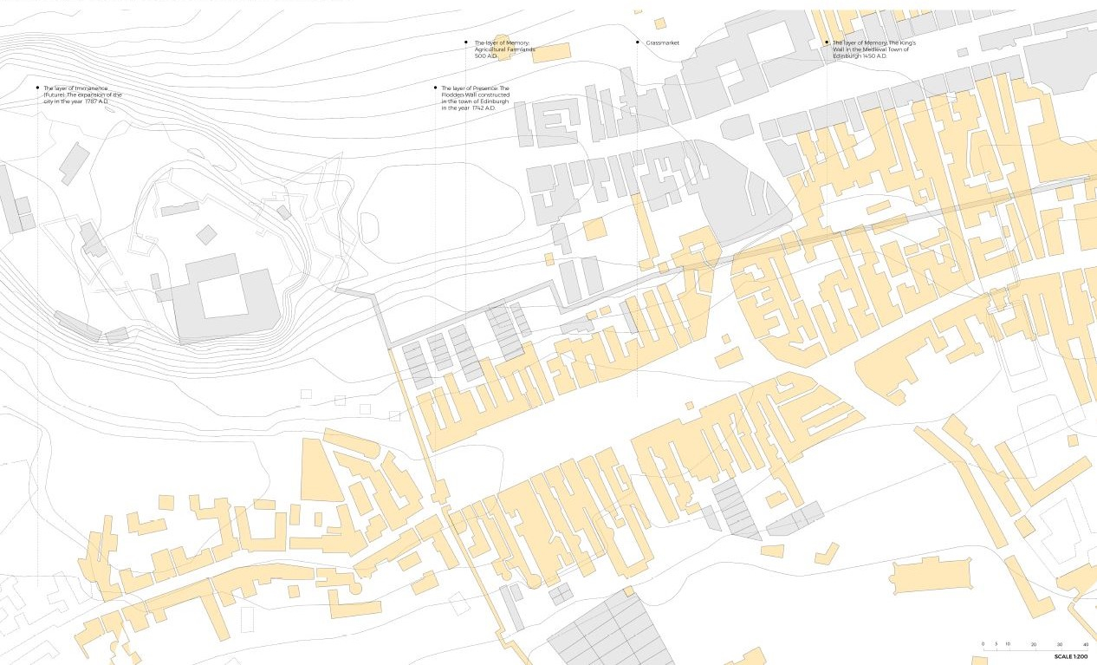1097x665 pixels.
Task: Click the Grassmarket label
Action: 662,42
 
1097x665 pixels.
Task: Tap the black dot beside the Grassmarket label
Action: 638,42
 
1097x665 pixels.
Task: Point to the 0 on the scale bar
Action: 983,644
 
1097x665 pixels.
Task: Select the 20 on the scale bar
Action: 1034,644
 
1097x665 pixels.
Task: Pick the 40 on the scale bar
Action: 1085,644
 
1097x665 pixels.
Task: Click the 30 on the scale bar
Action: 1060,644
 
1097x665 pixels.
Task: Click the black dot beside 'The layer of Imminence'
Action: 37,88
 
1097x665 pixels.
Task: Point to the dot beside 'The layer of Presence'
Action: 435,88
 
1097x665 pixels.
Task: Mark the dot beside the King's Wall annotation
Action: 827,42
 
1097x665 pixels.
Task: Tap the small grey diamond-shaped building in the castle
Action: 206,234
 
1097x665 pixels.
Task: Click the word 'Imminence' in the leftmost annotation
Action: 90,88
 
